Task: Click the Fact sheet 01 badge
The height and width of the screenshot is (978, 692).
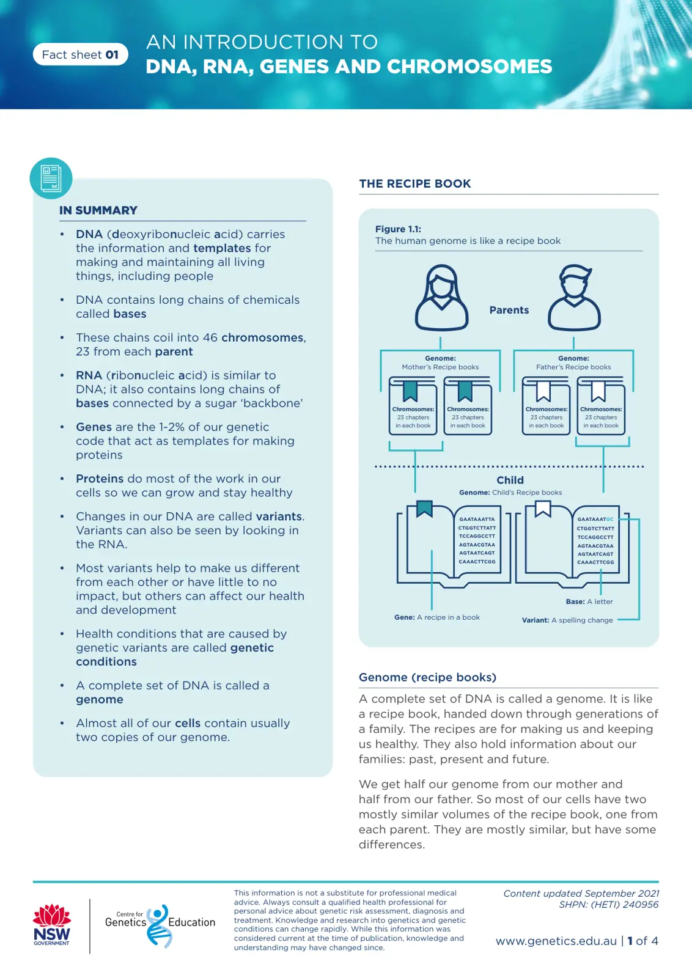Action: tap(80, 54)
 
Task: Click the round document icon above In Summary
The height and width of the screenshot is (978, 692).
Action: tap(51, 178)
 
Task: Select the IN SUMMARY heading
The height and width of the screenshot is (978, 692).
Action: tap(98, 210)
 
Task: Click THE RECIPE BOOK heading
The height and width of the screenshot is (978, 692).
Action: tap(414, 183)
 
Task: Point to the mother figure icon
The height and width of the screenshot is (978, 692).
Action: tap(441, 297)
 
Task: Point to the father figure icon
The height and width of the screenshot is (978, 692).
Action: tap(574, 297)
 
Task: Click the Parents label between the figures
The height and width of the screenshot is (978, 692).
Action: tap(509, 310)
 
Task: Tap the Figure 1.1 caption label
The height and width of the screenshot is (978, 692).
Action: tap(398, 229)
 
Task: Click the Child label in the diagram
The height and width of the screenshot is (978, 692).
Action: tap(510, 480)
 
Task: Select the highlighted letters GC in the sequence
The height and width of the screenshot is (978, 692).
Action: tap(610, 519)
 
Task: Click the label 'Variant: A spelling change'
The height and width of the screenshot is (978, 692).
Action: tap(567, 620)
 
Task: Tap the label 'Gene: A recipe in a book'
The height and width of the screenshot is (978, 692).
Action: tap(436, 617)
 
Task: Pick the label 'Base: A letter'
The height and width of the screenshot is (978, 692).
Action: tap(589, 601)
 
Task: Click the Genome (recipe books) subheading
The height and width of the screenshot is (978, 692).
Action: tap(427, 677)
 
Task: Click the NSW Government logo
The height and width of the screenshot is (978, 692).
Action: tap(52, 925)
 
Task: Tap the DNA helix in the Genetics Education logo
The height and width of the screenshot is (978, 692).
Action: tap(158, 926)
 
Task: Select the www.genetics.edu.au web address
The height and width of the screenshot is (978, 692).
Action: tap(556, 941)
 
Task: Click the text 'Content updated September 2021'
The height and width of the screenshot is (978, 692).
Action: tap(581, 894)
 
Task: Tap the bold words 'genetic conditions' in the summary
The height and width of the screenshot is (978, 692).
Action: tap(175, 655)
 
